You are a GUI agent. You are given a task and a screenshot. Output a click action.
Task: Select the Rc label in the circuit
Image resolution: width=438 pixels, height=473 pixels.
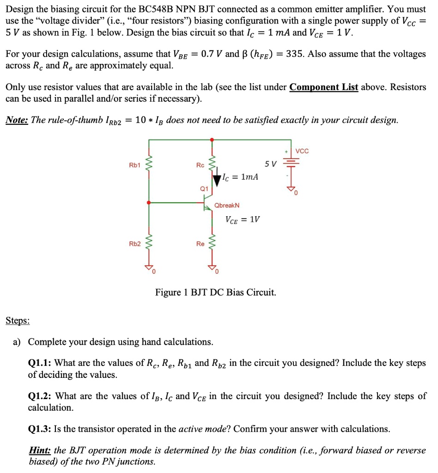[200, 165]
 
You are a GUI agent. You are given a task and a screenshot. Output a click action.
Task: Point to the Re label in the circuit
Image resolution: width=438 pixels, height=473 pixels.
[200, 243]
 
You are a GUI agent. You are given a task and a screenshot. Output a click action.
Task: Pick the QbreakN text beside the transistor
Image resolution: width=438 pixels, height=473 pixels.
[227, 205]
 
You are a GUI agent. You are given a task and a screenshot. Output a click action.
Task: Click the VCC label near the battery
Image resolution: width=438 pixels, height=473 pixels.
[302, 151]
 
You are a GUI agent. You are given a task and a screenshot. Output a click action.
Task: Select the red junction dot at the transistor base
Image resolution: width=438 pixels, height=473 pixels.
[148, 202]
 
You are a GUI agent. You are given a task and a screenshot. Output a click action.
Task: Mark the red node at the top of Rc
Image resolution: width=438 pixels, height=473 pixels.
[212, 139]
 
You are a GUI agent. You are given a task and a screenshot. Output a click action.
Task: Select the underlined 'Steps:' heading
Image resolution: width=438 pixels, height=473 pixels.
[18, 320]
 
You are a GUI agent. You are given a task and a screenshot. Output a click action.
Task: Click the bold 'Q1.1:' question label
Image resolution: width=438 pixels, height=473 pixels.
[40, 363]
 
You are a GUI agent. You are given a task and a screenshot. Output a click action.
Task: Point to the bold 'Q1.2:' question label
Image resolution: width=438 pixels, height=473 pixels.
[40, 396]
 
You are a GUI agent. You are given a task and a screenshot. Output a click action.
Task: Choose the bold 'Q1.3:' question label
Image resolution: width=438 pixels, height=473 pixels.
[40, 429]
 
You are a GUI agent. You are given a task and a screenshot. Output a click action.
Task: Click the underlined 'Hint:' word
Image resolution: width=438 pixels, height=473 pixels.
[40, 450]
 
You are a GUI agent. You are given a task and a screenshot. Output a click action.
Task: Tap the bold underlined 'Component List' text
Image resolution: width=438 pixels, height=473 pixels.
[323, 87]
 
